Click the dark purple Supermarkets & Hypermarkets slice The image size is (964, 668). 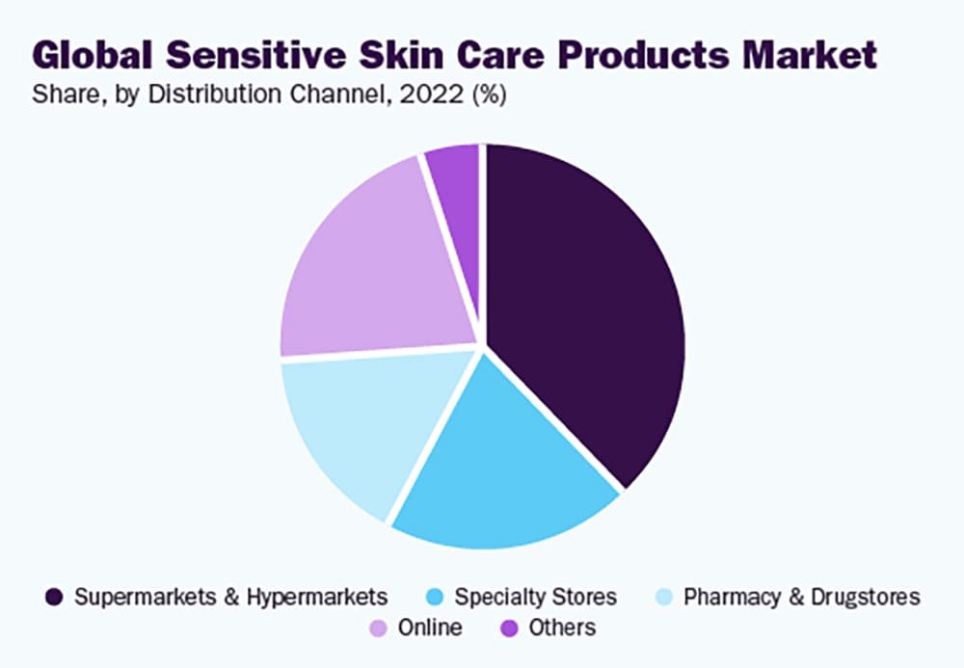click(x=588, y=308)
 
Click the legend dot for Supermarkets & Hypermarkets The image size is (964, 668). click(x=55, y=597)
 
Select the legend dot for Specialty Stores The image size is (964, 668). click(x=435, y=597)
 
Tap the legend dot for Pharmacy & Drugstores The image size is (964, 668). click(x=663, y=597)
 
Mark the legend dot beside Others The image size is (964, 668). click(x=508, y=628)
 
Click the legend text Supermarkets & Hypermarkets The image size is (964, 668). click(x=231, y=597)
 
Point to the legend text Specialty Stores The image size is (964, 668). click(x=535, y=597)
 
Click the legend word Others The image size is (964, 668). click(x=562, y=628)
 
